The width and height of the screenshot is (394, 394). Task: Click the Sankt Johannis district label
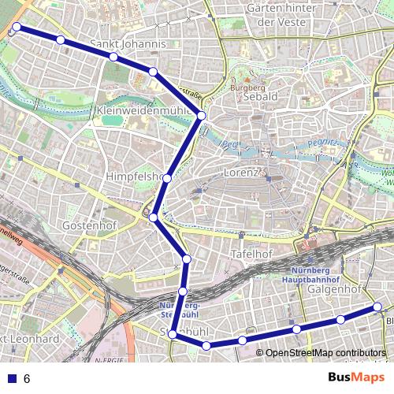point(128,44)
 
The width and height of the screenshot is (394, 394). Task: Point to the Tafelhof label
point(252,254)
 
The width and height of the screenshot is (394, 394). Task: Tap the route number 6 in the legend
point(28,379)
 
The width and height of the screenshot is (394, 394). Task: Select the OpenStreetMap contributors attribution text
point(325,352)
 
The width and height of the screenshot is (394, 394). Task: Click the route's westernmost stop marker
point(16,28)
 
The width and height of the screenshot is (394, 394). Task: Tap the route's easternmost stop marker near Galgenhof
point(377,307)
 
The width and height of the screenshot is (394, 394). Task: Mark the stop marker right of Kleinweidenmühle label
point(202,116)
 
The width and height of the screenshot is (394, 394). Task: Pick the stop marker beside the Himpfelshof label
point(167,179)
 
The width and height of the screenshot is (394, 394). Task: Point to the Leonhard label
point(35,339)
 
